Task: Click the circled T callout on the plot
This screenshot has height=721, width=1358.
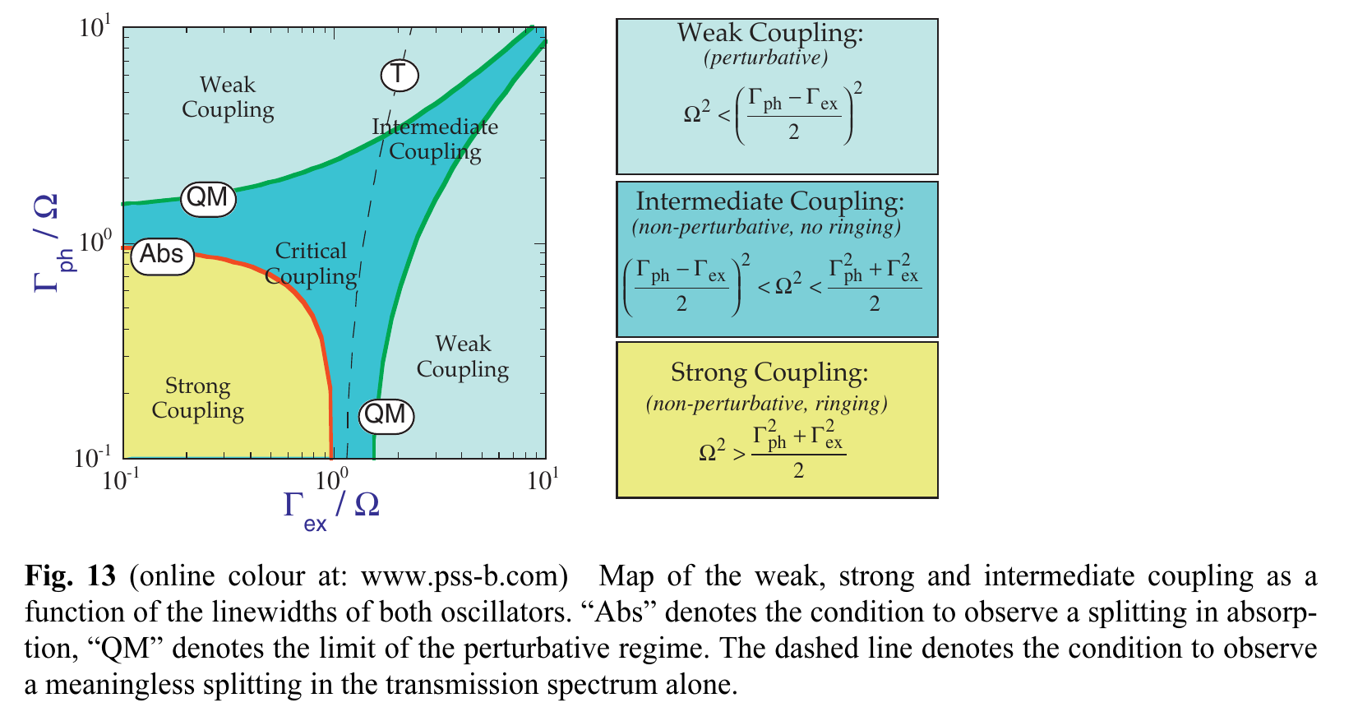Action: [x=399, y=75]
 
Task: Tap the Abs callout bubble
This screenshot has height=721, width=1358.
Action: [x=162, y=255]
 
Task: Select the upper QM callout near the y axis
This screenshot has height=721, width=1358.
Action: [x=207, y=198]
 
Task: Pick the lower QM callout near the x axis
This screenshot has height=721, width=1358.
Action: [x=385, y=414]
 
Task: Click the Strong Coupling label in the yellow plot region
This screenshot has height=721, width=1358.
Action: [x=198, y=398]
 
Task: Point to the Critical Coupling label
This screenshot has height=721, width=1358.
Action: [x=311, y=263]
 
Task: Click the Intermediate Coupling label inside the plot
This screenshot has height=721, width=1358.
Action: [x=435, y=138]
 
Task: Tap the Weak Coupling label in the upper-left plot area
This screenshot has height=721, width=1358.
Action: [x=228, y=97]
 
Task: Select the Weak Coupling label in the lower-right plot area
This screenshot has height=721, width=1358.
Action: [x=463, y=356]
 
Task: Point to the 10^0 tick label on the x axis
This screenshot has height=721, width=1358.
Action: [x=331, y=479]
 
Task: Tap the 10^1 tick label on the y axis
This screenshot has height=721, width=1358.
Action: [x=95, y=28]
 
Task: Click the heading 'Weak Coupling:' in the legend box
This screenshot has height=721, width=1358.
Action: [x=770, y=34]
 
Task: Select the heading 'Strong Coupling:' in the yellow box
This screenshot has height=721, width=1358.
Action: [x=769, y=373]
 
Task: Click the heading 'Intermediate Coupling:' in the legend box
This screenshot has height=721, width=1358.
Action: [x=770, y=201]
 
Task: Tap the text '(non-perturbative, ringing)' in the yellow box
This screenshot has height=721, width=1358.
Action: [x=767, y=404]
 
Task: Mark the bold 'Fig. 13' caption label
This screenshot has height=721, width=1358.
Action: [x=71, y=576]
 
